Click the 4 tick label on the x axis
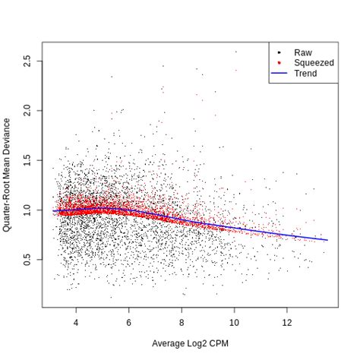(76, 323)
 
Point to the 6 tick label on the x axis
(129, 323)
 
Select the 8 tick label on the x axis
(182, 323)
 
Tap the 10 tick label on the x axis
(235, 323)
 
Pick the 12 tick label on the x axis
(288, 323)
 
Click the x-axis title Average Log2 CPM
(190, 343)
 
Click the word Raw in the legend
(302, 52)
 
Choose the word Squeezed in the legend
(314, 63)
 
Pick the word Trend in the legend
(305, 74)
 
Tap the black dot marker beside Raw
(279, 52)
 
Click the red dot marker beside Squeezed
(279, 63)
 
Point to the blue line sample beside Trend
(279, 74)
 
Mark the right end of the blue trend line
(327, 240)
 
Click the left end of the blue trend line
(53, 210)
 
